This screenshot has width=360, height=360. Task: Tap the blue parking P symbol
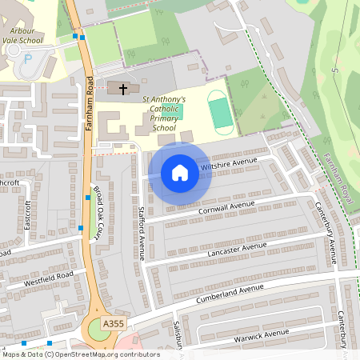(x=29, y=58)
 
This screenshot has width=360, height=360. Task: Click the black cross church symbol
(x=122, y=88)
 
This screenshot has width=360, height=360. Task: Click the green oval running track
(x=221, y=112)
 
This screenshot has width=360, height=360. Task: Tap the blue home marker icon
(x=180, y=173)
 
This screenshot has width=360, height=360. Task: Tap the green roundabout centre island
(x=99, y=328)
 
